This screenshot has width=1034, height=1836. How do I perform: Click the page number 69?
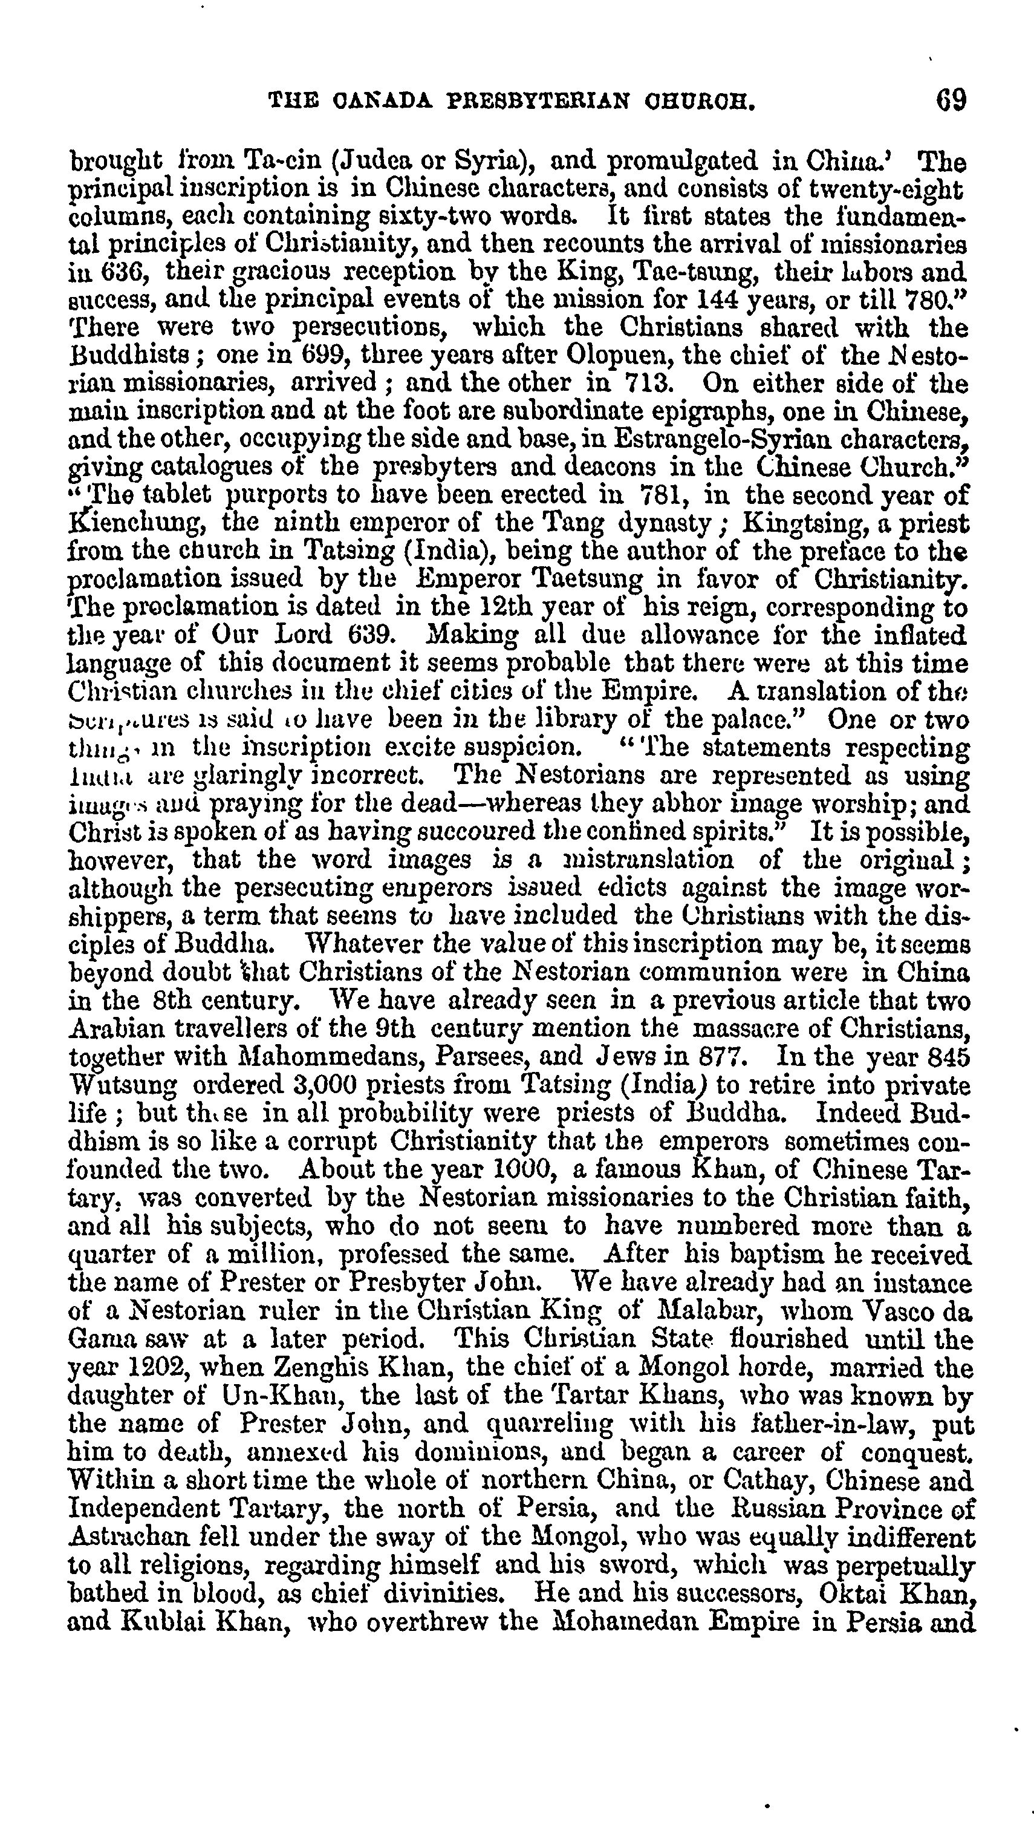coord(951,100)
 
